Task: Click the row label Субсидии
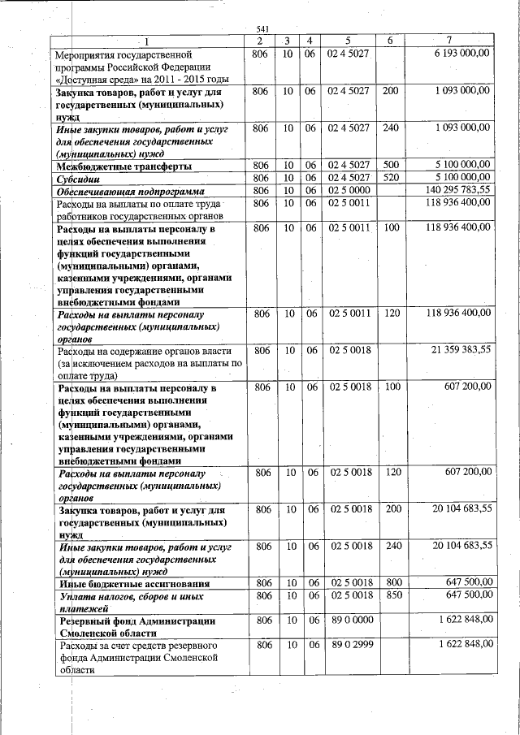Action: coord(79,178)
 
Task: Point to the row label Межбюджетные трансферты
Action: coord(124,166)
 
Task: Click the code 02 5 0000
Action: coord(348,189)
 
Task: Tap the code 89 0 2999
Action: coord(348,644)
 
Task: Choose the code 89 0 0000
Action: coord(348,620)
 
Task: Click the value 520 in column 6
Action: coord(390,177)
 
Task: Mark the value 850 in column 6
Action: coord(390,595)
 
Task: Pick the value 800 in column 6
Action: coord(390,583)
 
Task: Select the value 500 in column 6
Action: coord(390,166)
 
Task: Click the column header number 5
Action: coord(348,41)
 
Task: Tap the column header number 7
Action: coord(449,41)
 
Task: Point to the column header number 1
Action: coord(147,41)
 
